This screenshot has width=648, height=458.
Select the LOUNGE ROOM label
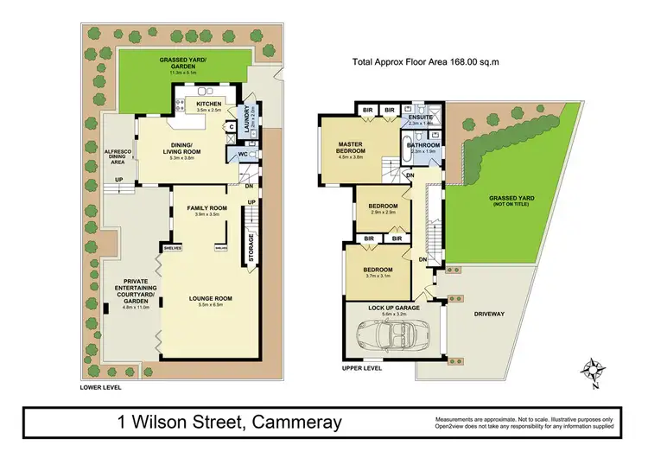coord(211,298)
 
